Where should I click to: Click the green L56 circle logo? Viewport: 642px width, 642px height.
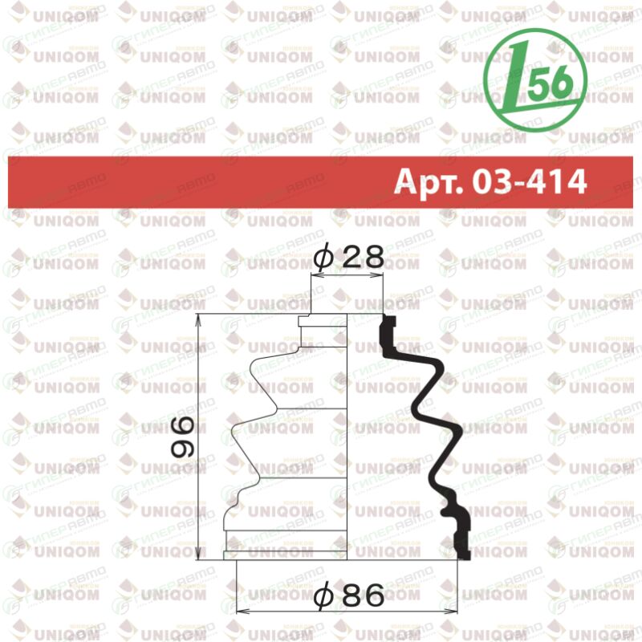(x=535, y=79)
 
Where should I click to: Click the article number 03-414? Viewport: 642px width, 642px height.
(x=530, y=181)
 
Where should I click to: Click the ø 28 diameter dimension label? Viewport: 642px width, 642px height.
(x=349, y=256)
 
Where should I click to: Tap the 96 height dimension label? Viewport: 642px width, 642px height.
(x=182, y=437)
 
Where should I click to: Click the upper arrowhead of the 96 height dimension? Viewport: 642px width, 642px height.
(x=198, y=319)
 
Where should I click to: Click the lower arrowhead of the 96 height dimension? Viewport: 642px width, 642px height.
(x=198, y=554)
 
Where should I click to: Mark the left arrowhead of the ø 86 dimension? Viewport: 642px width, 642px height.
(x=242, y=612)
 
